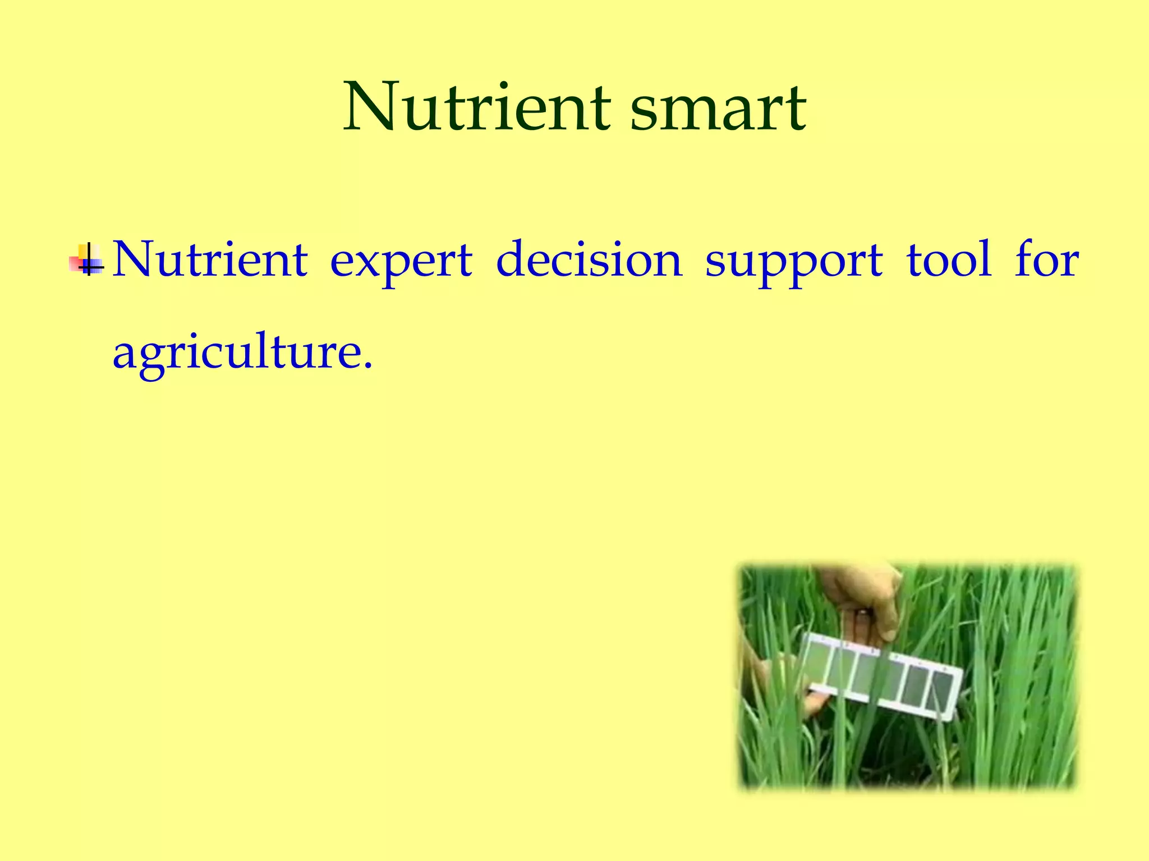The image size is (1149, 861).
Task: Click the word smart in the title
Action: point(718,108)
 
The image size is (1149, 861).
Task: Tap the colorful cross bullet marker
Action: point(88,260)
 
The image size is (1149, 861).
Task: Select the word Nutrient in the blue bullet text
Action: point(210,259)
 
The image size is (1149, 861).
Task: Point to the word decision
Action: point(589,259)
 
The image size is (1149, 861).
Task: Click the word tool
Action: point(949,259)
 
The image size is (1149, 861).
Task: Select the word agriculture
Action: point(236,353)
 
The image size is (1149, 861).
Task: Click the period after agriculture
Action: point(367,366)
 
